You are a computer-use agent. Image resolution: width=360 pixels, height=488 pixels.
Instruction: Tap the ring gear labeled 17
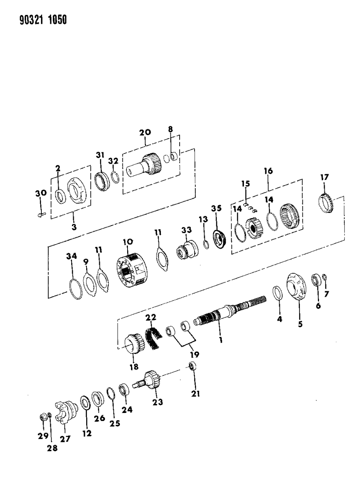point(326,203)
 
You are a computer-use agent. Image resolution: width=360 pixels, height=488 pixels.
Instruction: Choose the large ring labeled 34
point(75,289)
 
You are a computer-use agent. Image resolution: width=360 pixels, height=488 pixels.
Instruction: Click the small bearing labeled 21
point(193,366)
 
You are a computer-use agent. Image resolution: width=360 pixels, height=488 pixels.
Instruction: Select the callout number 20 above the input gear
point(145,132)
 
